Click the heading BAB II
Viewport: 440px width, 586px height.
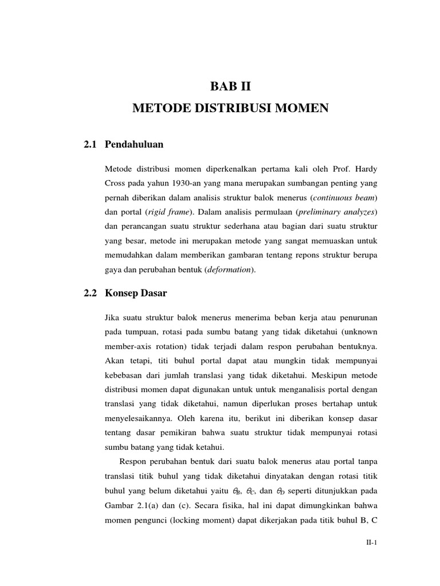231,88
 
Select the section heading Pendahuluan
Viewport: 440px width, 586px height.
134,145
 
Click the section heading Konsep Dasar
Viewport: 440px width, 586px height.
136,294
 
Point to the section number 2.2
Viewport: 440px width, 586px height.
91,294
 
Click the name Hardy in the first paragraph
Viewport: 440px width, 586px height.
366,171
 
